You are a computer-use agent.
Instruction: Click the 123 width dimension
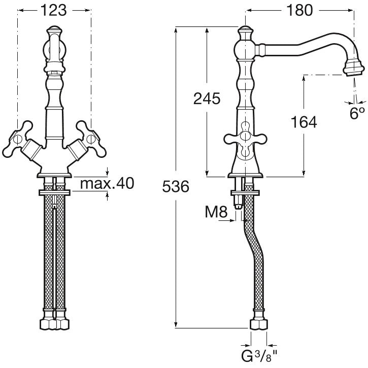[x=53, y=10]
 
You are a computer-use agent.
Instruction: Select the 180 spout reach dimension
[x=299, y=10]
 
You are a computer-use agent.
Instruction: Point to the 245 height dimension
[x=207, y=98]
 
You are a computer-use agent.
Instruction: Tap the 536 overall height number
[x=176, y=187]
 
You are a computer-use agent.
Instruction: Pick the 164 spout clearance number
[x=304, y=122]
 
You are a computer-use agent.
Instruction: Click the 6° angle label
[x=357, y=113]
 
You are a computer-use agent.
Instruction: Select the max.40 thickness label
[x=107, y=183]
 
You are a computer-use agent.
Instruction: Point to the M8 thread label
[x=216, y=212]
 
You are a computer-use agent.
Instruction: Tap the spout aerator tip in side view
[x=354, y=68]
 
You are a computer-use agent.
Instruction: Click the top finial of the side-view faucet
[x=246, y=34]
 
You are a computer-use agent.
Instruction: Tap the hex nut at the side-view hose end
[x=259, y=324]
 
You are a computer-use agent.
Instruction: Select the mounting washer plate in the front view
[x=54, y=192]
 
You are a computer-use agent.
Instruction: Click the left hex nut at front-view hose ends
[x=48, y=324]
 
